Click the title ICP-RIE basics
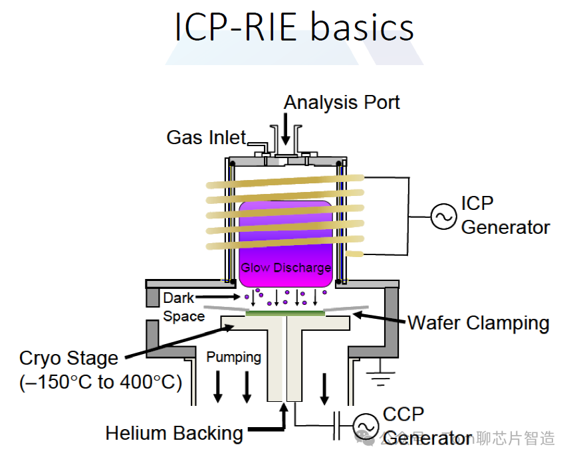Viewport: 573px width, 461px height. coord(294,27)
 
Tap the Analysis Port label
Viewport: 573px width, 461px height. coord(342,102)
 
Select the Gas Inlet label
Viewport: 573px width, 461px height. coord(206,138)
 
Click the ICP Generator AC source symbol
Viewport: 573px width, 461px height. coord(441,216)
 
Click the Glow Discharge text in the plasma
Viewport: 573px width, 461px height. coord(286,268)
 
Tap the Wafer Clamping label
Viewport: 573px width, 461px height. coord(478,323)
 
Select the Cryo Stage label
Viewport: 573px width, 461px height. coord(68,359)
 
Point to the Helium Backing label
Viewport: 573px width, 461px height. coord(174,434)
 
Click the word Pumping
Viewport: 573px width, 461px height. coord(233,357)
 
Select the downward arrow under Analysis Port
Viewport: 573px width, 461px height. coord(286,130)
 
